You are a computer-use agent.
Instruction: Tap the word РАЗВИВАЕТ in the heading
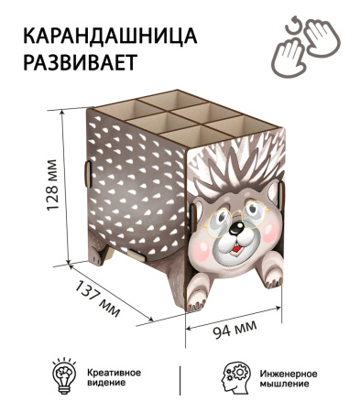[x=79, y=65]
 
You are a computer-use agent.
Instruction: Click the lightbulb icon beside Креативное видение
[x=63, y=376]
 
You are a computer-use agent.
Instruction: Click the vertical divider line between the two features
[x=180, y=377]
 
